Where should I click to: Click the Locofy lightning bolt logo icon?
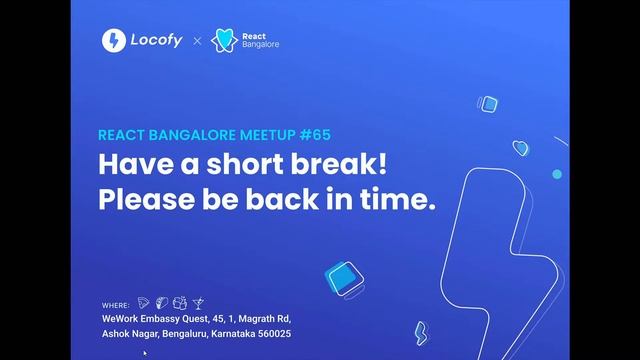point(114,40)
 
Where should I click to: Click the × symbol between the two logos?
point(197,41)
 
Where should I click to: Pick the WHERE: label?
point(116,302)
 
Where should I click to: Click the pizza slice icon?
point(144,301)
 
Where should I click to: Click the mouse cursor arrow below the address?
point(145,353)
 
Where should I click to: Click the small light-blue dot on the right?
point(557,174)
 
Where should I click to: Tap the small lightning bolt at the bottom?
point(421,332)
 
